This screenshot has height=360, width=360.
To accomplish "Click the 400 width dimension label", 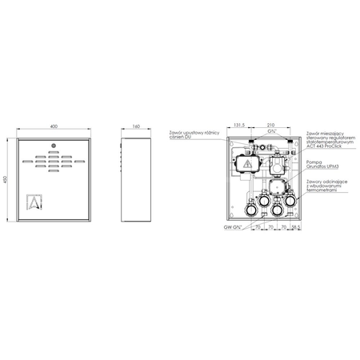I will (x=54, y=127).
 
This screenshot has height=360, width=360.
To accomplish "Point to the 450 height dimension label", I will (x=6, y=181).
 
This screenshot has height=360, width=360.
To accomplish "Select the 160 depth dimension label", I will (x=135, y=127).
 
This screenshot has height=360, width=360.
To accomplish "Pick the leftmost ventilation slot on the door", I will (x=27, y=162).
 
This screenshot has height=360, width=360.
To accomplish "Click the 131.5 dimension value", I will (x=238, y=126).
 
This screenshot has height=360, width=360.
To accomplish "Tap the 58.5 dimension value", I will (x=296, y=228).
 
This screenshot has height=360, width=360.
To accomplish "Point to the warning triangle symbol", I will (x=247, y=162).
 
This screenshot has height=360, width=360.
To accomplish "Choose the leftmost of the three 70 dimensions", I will (x=256, y=228).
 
